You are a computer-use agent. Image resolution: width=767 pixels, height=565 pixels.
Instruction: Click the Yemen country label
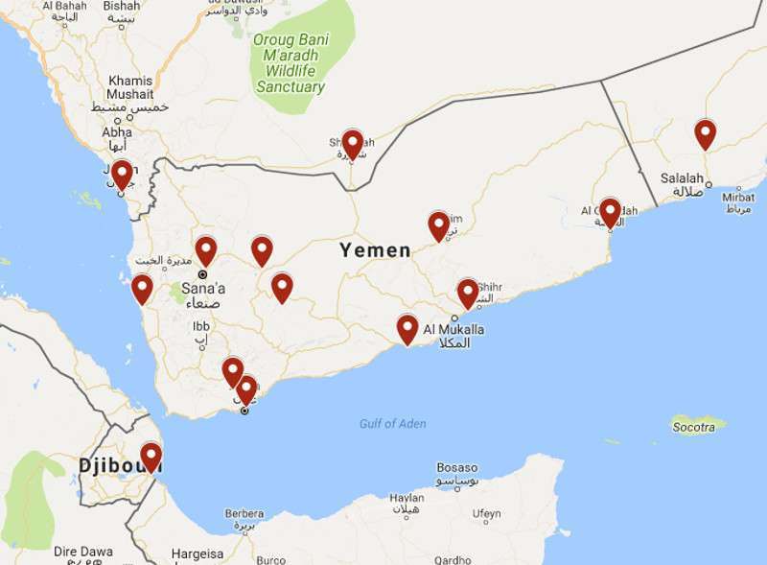[x=375, y=250]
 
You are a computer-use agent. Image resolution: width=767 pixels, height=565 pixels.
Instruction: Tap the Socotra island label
[x=693, y=427]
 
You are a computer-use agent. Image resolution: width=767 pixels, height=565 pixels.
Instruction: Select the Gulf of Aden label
[x=393, y=423]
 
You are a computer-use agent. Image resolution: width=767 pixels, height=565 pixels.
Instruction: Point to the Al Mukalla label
[x=453, y=330]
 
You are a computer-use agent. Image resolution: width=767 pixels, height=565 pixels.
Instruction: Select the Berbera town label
[x=244, y=513]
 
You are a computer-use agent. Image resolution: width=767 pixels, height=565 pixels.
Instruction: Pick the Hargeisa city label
[x=198, y=553]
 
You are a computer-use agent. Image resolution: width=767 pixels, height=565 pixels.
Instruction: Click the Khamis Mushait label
[x=130, y=87]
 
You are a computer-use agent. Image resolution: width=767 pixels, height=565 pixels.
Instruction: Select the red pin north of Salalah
[x=706, y=134]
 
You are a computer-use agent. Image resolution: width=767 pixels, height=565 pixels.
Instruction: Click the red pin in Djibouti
[x=151, y=457]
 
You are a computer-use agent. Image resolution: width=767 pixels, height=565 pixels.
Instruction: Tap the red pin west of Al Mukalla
[x=407, y=328]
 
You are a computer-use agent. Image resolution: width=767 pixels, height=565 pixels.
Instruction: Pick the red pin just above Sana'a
[x=206, y=251]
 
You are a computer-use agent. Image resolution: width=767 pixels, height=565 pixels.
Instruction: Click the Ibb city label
[x=200, y=325]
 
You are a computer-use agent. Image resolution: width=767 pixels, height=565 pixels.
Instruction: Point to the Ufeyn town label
[x=486, y=514]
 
